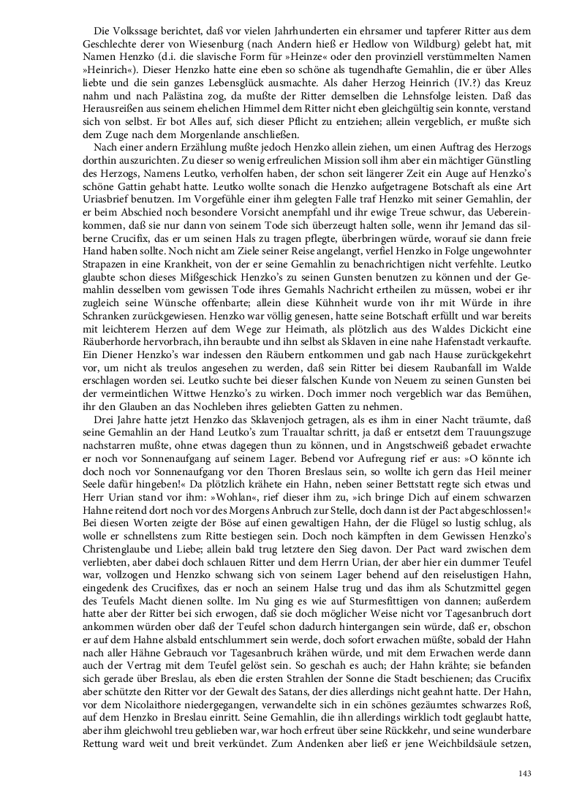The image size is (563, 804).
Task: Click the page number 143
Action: (523, 774)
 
